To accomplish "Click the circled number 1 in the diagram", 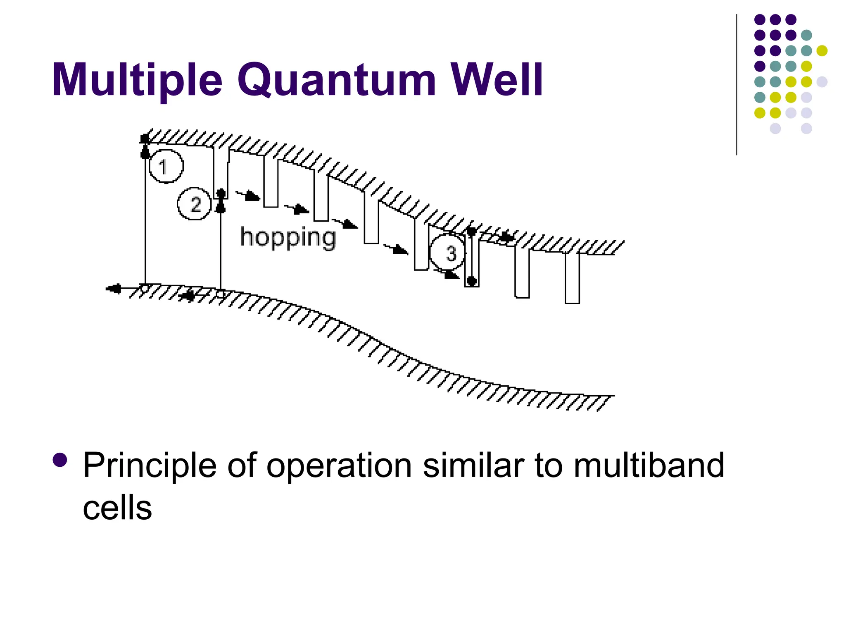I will (166, 166).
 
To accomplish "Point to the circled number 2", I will (195, 204).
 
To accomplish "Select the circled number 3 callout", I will (448, 252).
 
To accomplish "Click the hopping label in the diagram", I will (288, 238).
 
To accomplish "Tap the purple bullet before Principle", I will (60, 460).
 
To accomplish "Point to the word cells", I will (117, 508).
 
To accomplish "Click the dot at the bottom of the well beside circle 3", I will (471, 281).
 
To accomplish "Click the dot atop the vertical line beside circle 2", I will (221, 193).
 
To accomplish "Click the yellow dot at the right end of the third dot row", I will (822, 51).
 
